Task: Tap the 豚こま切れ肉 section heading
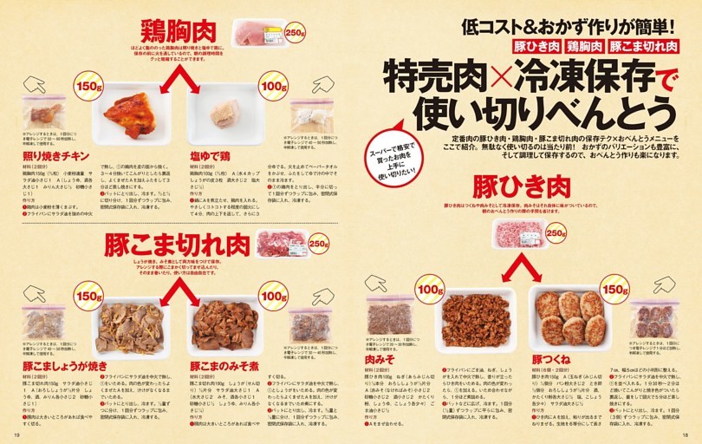(x=177, y=245)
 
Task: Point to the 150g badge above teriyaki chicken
(x=89, y=88)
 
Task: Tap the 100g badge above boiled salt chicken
(x=273, y=88)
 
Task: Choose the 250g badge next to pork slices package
(x=318, y=245)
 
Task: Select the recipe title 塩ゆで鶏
(x=211, y=155)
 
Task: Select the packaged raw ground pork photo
(x=517, y=234)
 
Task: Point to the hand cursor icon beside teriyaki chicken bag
(x=35, y=84)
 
